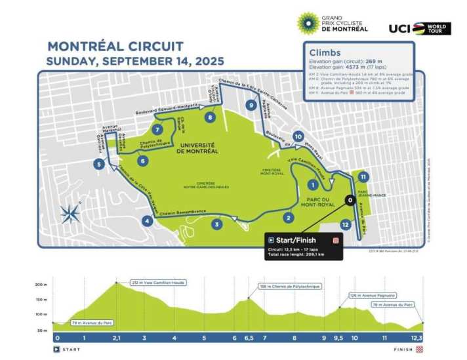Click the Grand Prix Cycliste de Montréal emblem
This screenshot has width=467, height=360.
tap(308, 23)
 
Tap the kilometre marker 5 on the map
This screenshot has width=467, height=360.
tap(98, 165)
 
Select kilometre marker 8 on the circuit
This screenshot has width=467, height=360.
tap(209, 117)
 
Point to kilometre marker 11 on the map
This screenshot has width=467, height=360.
tap(363, 177)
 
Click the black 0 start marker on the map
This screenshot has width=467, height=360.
tap(350, 200)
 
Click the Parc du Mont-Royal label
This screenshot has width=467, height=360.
tap(323, 201)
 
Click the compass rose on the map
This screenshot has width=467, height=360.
tap(70, 212)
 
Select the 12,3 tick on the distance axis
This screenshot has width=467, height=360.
tap(417, 338)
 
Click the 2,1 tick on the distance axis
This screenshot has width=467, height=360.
tap(117, 338)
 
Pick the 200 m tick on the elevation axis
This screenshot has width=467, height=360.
tap(39, 285)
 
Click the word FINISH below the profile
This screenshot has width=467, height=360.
tap(403, 350)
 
